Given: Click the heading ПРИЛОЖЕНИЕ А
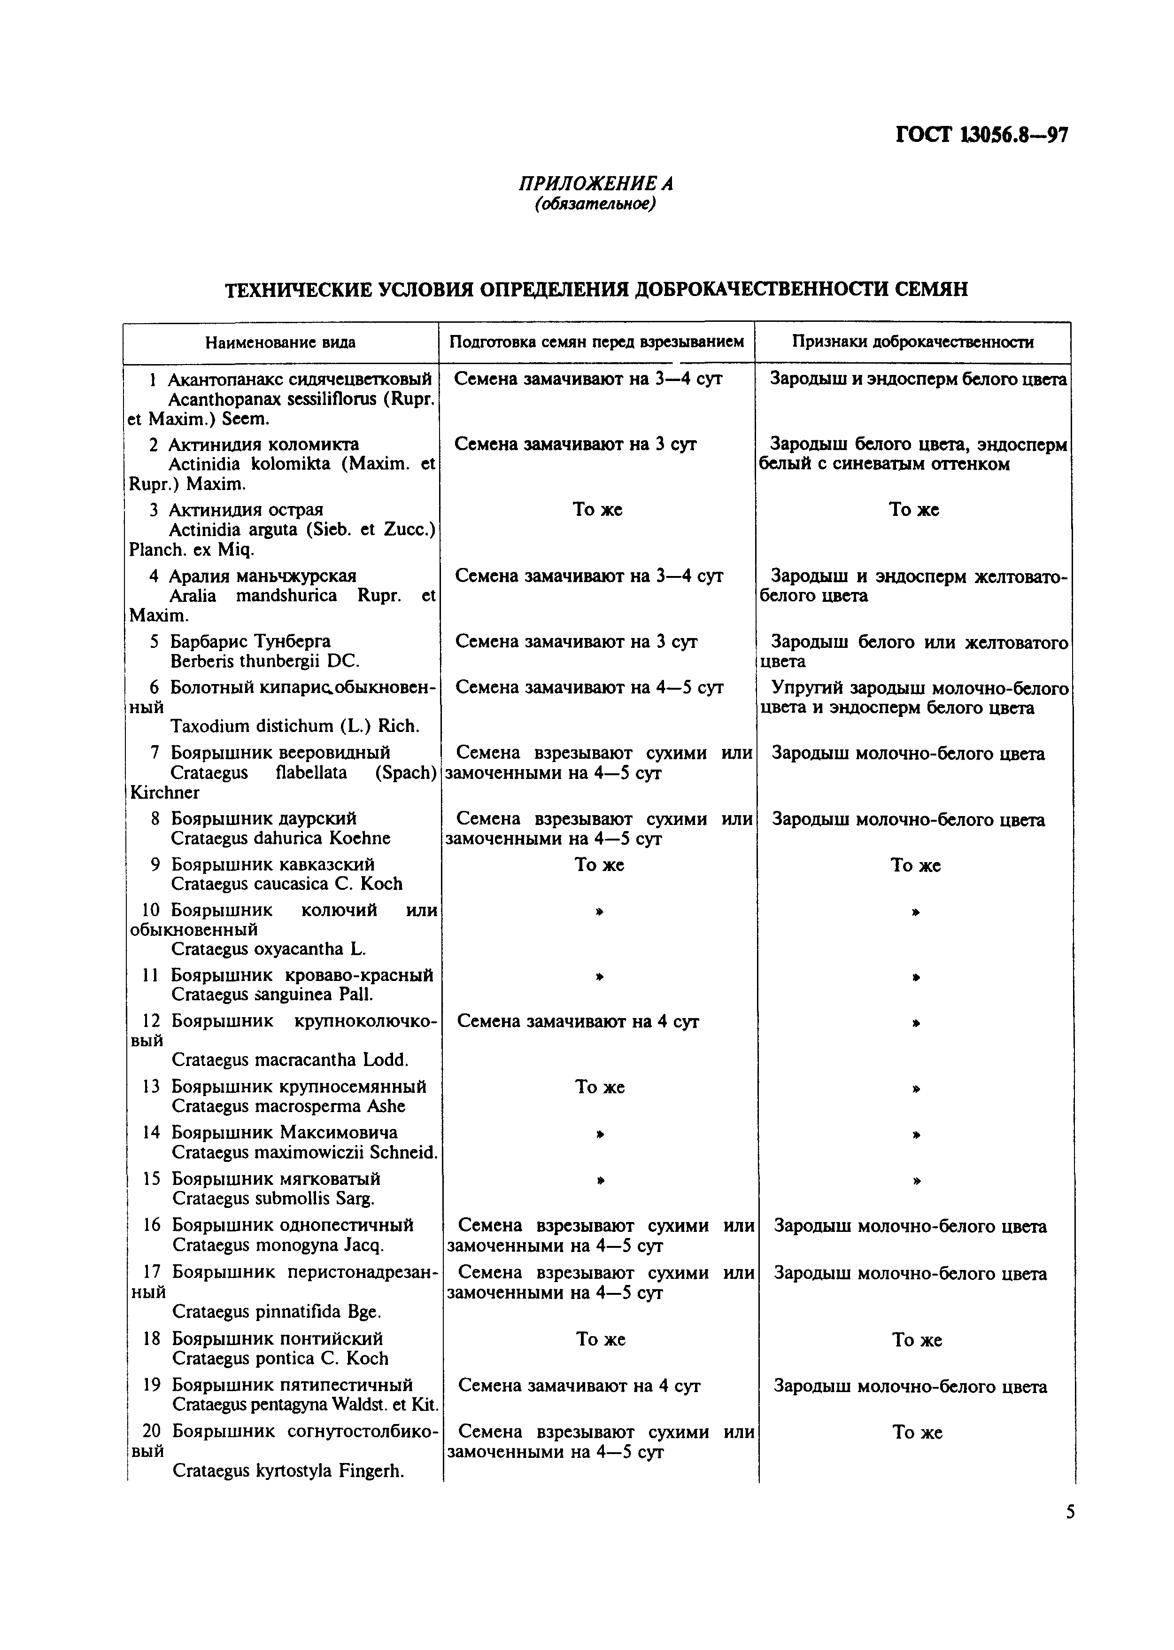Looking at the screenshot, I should pos(595,184).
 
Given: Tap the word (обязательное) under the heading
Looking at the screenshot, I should pos(595,205).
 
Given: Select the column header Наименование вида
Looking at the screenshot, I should pos(280,342).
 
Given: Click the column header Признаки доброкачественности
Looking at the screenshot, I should pos(912,342).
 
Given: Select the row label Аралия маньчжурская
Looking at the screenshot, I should pos(263,576).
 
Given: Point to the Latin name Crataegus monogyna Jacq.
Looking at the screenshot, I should pos(278,1245).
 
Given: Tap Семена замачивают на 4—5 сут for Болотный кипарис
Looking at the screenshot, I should pos(589,687).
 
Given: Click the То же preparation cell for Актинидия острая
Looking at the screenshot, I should pos(597,510).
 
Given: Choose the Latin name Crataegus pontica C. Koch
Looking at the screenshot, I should pos(280,1359).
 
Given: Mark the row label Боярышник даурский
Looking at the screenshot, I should pos(264,818).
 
